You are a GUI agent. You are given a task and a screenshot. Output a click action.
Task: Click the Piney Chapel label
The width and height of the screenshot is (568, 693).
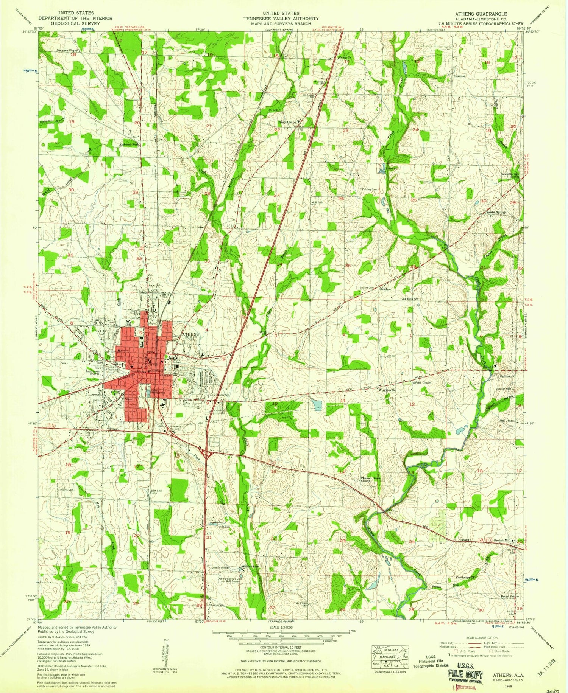click(x=287, y=122)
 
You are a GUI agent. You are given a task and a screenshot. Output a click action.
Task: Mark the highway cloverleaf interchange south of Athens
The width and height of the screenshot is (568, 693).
click(x=207, y=453)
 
